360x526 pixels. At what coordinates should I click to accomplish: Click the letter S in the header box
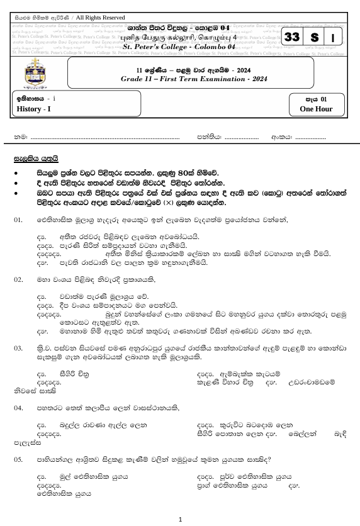point(314,38)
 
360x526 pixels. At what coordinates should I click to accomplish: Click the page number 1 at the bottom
point(180,519)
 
